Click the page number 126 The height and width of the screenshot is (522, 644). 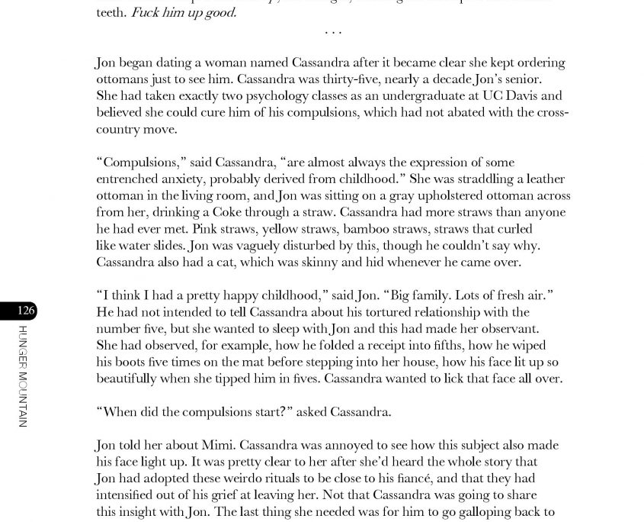[x=25, y=310]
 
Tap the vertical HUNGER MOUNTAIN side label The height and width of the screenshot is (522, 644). [x=23, y=376]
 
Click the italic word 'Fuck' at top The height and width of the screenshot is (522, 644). [x=146, y=13]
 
